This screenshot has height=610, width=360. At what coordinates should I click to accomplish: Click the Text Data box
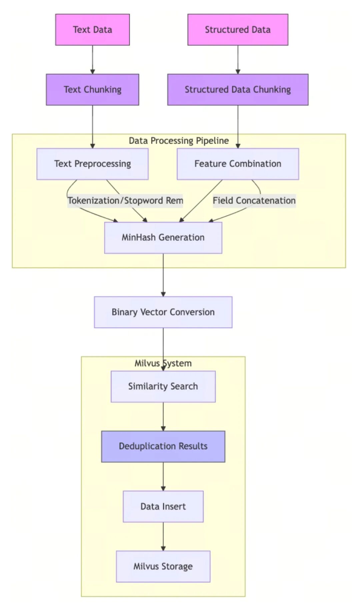(92, 30)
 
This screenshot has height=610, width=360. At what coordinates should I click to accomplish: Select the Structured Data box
(238, 30)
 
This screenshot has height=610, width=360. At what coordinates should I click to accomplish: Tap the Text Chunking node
(92, 90)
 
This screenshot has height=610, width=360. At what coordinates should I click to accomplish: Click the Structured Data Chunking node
(238, 90)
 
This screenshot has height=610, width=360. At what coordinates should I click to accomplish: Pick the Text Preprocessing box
(92, 164)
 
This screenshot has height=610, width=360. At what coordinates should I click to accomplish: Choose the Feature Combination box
(238, 164)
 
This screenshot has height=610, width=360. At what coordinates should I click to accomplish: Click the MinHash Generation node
(163, 238)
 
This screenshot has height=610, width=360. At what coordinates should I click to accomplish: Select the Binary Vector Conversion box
(163, 312)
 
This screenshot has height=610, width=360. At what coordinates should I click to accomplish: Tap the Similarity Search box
(163, 386)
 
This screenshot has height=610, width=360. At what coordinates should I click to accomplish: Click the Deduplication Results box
(163, 446)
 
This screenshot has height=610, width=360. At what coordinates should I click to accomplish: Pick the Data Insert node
(163, 506)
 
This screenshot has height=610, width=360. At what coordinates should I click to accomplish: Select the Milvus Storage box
(163, 566)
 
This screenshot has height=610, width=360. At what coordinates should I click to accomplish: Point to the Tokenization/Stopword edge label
(125, 201)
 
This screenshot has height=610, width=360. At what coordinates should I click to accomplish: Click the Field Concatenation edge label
(254, 201)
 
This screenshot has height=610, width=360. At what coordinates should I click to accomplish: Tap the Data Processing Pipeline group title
(179, 141)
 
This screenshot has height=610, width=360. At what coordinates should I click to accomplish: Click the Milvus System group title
(163, 363)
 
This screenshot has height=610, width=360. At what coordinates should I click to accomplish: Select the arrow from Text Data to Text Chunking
(92, 59)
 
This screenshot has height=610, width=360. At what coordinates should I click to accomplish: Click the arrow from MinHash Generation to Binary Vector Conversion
(163, 275)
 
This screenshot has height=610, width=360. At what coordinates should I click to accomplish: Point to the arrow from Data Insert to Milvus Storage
(163, 536)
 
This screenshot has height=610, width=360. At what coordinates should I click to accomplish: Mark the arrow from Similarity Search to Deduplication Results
(163, 416)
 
